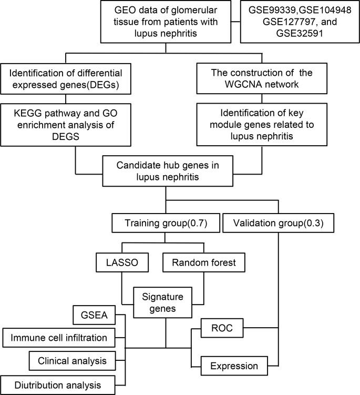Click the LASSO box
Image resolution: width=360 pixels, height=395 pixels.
point(122,262)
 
